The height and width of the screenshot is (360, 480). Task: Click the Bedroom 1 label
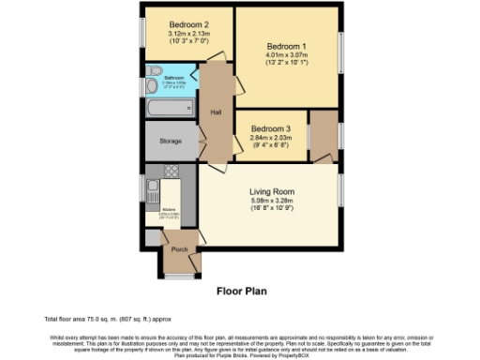point(286,46)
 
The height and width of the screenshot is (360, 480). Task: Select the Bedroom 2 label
point(187,24)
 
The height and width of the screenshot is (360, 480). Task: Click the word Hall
point(216,112)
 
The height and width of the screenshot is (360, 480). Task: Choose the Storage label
point(170,142)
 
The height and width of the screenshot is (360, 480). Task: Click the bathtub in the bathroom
point(170,109)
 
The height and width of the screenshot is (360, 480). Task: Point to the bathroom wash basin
point(152,86)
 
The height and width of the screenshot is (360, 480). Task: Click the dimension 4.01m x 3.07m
point(286,56)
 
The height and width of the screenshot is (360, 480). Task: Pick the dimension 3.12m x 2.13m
point(187,34)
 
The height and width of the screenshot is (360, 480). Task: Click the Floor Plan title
point(242,292)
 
